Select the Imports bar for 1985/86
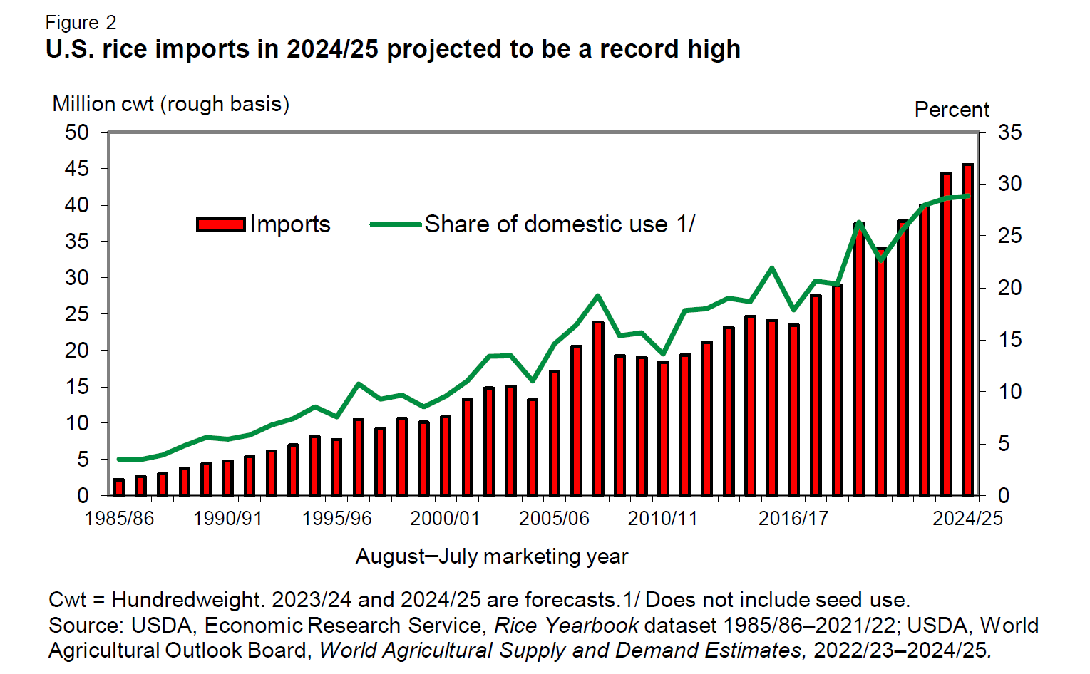tap(119, 487)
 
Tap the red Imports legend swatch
tap(221, 224)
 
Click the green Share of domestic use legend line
tap(396, 224)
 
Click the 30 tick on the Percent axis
tap(1009, 184)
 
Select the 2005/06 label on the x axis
tap(554, 518)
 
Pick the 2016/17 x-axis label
tap(793, 518)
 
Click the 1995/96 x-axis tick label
tap(336, 518)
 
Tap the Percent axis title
tap(952, 110)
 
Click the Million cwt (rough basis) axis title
tap(171, 104)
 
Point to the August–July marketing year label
tap(492, 556)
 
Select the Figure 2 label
tap(81, 23)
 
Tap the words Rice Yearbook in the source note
tap(566, 626)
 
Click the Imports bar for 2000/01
tap(446, 456)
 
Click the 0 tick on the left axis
tap(83, 496)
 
